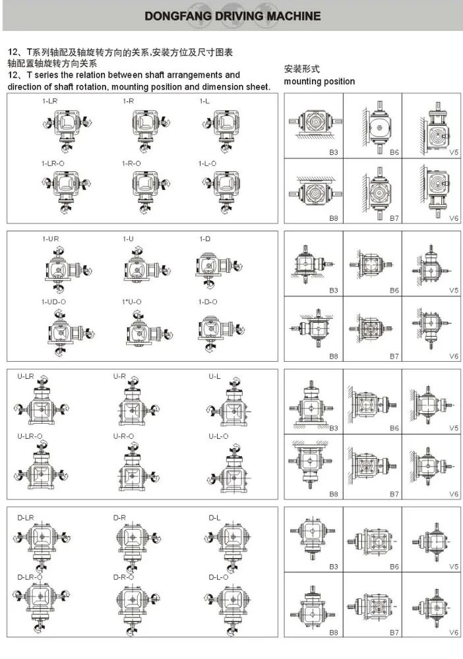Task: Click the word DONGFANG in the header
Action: [174, 16]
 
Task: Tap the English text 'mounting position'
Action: [319, 82]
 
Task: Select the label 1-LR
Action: [48, 101]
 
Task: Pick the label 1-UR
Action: [51, 239]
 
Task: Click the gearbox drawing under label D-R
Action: [131, 541]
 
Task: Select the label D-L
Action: [214, 518]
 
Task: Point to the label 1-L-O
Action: [207, 163]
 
